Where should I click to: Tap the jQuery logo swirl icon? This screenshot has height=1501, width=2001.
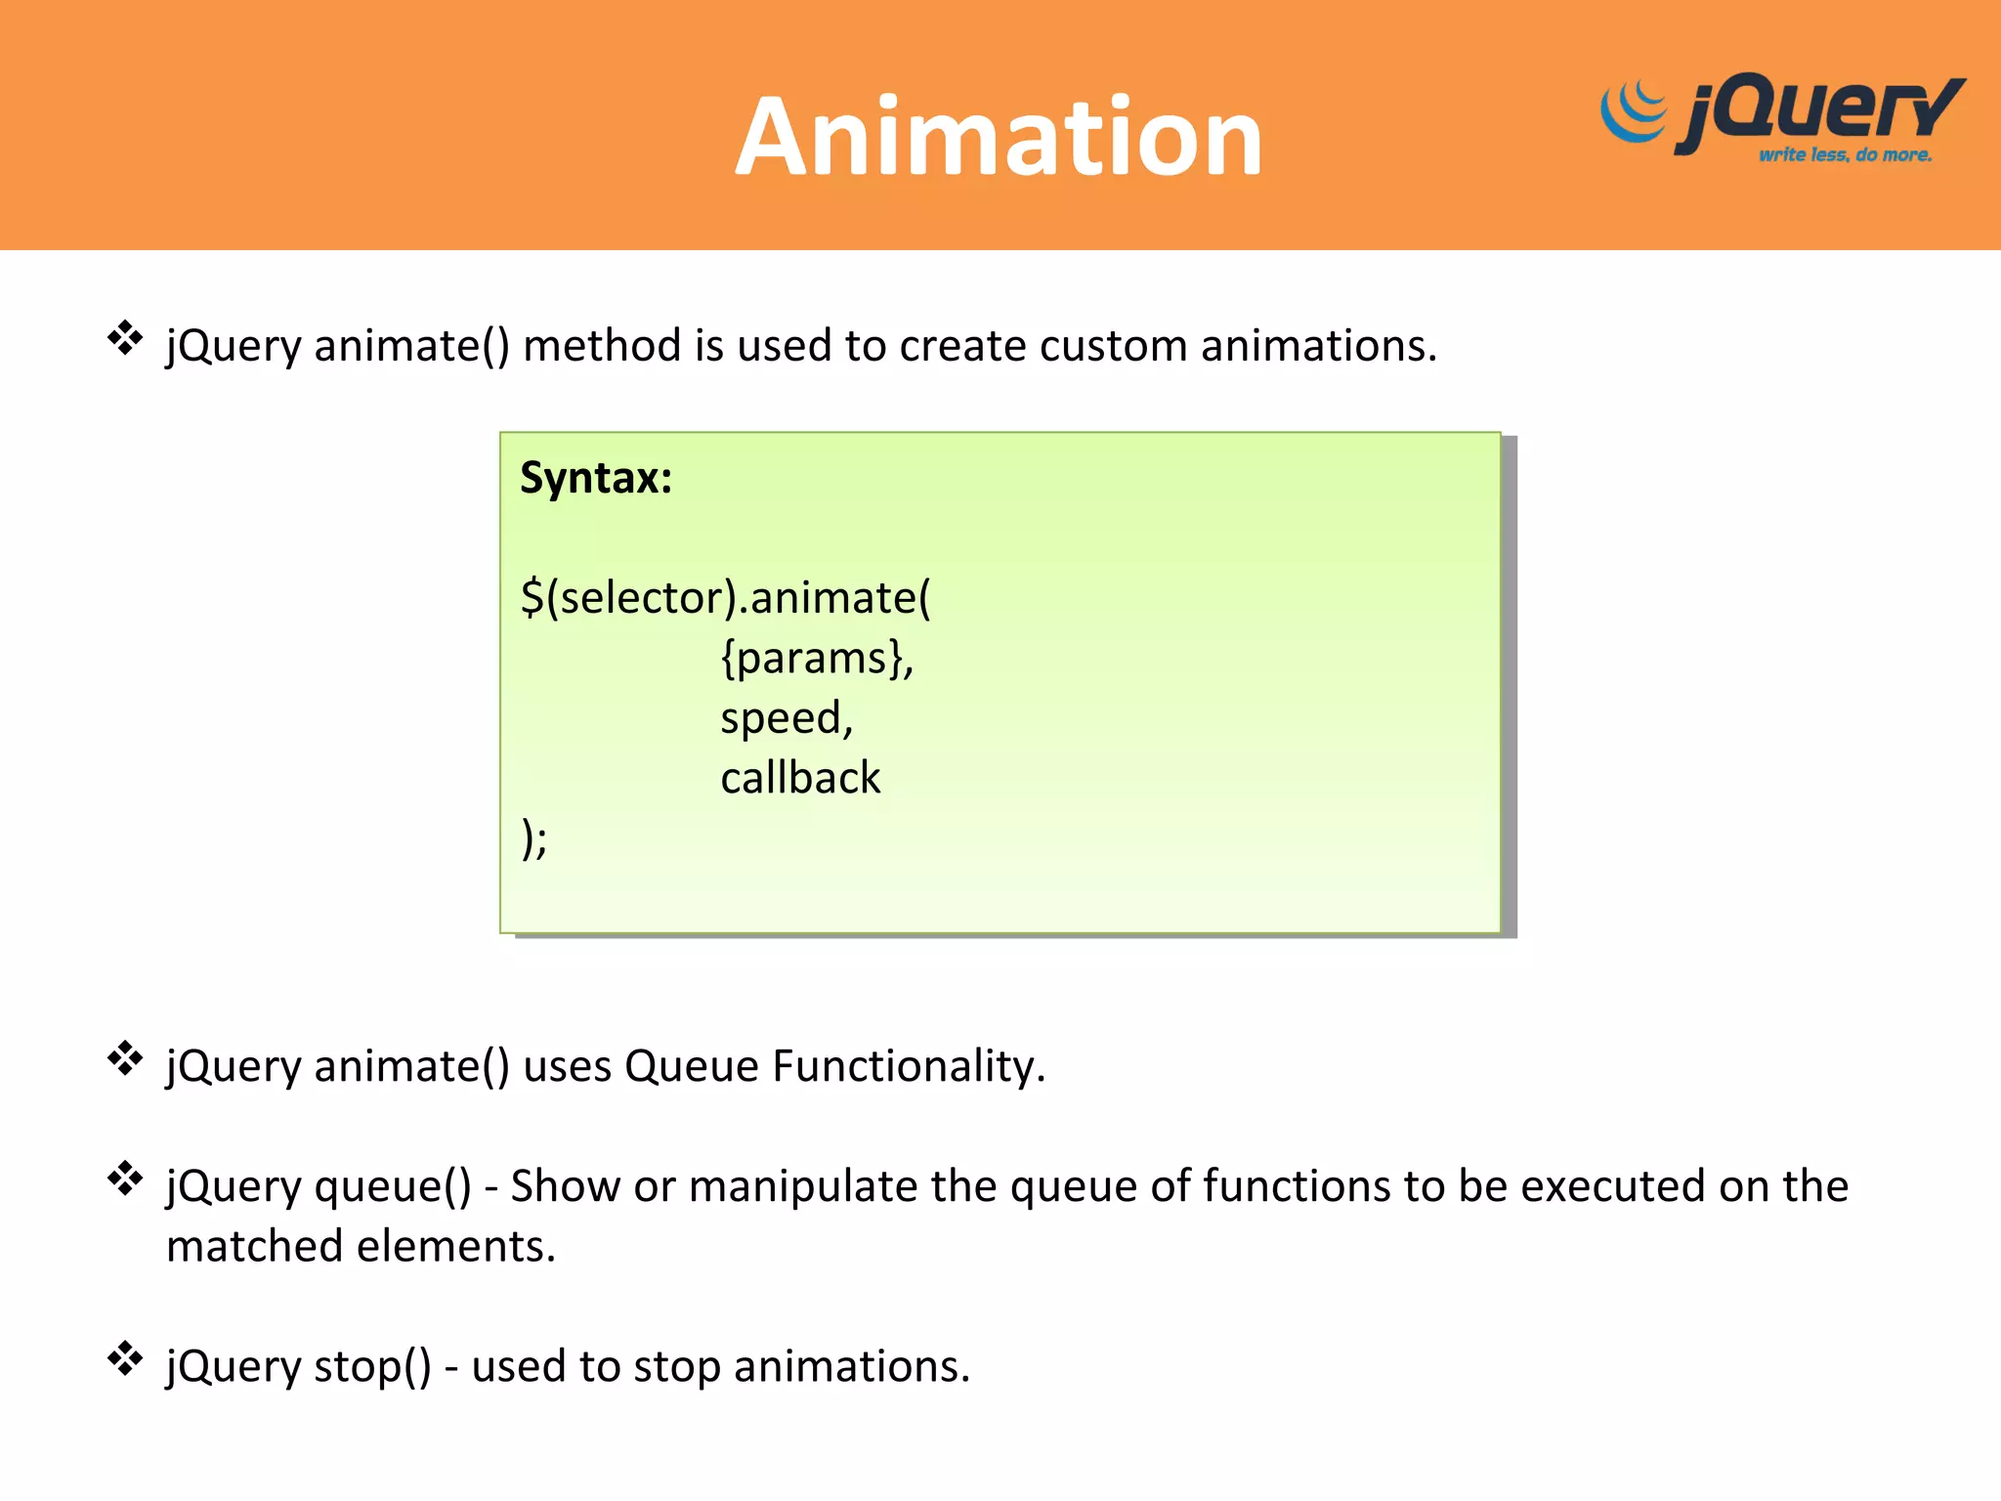pyautogui.click(x=1634, y=112)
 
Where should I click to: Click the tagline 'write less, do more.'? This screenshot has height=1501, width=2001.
pyautogui.click(x=1845, y=154)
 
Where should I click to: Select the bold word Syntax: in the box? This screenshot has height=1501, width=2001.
pyautogui.click(x=596, y=478)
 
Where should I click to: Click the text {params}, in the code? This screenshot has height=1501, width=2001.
pyautogui.click(x=817, y=658)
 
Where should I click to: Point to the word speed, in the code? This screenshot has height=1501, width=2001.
pyautogui.click(x=787, y=718)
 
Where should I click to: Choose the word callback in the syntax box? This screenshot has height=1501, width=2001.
pyautogui.click(x=800, y=778)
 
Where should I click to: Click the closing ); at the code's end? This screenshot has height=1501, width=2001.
pyautogui.click(x=534, y=838)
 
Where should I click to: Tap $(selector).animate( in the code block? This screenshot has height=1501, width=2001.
pyautogui.click(x=725, y=597)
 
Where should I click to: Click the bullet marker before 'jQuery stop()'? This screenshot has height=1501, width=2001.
pyautogui.click(x=125, y=1358)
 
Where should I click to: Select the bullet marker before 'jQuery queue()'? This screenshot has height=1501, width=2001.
pyautogui.click(x=125, y=1179)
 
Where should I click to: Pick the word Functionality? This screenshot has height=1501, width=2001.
pyautogui.click(x=909, y=1065)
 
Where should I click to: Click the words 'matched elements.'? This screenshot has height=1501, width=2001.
pyautogui.click(x=361, y=1247)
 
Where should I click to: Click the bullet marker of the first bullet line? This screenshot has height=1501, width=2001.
pyautogui.click(x=125, y=338)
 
